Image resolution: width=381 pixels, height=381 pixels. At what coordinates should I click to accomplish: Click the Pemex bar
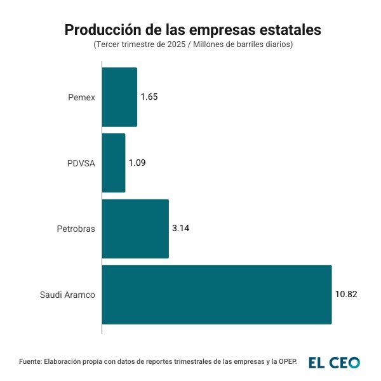119,97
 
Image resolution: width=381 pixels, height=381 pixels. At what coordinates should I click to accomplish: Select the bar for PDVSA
114,163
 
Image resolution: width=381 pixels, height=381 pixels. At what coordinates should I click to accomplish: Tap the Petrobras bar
135,229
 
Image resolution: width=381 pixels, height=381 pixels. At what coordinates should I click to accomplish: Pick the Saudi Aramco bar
217,295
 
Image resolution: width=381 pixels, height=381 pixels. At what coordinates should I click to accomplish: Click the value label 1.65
149,97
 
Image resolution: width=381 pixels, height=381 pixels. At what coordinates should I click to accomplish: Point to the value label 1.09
137,163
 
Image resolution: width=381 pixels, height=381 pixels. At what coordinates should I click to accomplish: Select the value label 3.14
180,229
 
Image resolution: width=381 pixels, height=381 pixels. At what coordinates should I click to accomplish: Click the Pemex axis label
81,97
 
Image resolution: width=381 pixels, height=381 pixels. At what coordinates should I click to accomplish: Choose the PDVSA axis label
81,163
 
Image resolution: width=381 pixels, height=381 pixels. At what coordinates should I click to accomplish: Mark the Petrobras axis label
76,229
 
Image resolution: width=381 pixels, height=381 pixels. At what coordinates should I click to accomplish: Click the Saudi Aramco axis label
67,295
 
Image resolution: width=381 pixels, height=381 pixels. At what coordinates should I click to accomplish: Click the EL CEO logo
334,362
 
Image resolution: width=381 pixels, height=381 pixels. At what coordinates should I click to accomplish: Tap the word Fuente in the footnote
30,362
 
